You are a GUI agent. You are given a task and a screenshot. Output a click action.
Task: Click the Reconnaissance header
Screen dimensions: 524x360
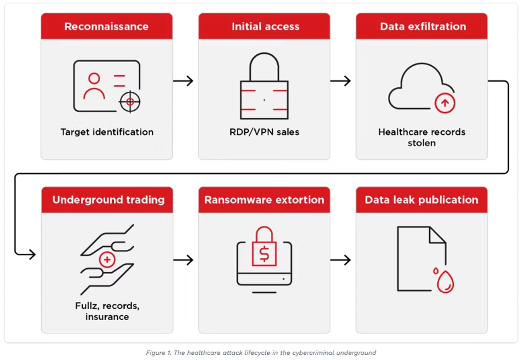[106, 27]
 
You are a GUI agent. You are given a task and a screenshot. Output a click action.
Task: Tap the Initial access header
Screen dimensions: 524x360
[264, 27]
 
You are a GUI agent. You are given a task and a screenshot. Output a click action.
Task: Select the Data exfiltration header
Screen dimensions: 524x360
[421, 27]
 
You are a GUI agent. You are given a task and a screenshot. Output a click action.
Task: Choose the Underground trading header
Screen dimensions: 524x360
[108, 200]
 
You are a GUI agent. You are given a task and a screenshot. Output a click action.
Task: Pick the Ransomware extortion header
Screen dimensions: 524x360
[264, 200]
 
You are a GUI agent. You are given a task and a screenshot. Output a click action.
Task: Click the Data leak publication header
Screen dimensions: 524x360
[421, 200]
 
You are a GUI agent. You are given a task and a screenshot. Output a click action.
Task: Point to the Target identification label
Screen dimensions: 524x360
[107, 132]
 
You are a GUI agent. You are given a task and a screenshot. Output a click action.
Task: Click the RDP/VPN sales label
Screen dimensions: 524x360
[265, 132]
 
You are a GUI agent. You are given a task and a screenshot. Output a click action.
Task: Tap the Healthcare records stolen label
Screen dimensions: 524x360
[421, 137]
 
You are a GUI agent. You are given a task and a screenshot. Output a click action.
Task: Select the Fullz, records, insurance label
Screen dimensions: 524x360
[108, 311]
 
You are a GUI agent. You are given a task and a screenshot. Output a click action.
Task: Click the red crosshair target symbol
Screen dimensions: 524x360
[130, 102]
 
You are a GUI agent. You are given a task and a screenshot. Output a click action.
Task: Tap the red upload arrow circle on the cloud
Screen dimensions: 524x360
[445, 103]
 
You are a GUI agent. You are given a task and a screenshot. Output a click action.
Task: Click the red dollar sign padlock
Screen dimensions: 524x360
[264, 247]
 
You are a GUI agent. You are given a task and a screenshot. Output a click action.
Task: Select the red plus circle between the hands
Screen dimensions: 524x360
[108, 259]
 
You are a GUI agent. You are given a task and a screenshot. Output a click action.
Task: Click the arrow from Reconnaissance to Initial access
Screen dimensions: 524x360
[183, 81]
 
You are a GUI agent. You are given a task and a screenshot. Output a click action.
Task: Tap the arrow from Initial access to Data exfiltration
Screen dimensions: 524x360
[340, 81]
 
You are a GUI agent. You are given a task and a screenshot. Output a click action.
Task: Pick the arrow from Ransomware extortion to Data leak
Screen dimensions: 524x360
[340, 260]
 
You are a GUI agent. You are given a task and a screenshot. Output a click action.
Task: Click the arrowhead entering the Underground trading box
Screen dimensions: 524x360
[32, 254]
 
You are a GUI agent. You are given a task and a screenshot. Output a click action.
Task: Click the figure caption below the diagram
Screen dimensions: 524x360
[261, 352]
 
